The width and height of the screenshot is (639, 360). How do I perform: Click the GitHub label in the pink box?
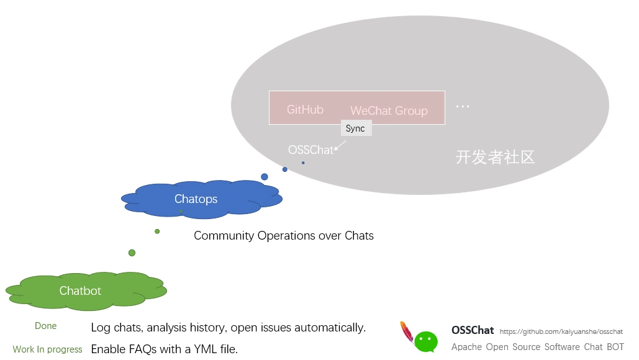(305, 110)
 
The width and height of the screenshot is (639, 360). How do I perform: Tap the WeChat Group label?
(389, 111)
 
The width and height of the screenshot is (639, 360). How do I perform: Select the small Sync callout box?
(356, 128)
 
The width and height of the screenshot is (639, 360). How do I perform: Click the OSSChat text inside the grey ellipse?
(310, 150)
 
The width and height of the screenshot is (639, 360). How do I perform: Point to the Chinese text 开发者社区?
(495, 157)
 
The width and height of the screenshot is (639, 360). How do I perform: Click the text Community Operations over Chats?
(284, 236)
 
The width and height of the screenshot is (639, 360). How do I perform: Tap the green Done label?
(46, 326)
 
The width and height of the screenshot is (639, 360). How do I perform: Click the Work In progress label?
(47, 349)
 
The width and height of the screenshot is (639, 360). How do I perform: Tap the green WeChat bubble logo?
(426, 341)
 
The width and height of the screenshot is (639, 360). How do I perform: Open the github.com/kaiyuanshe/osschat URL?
(561, 332)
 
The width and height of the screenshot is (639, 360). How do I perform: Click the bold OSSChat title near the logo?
(473, 331)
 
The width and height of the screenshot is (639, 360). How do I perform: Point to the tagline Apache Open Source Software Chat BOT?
(537, 347)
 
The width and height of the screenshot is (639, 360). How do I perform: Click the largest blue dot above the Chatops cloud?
(265, 177)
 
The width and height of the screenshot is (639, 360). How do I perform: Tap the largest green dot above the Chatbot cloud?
(132, 253)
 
